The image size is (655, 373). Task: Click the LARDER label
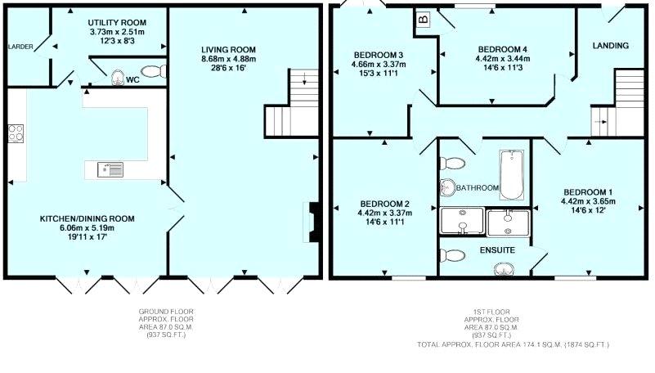20,47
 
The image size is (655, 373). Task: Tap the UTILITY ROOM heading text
117,23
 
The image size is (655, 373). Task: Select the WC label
132,80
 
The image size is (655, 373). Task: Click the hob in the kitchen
16,133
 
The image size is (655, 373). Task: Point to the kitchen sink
110,169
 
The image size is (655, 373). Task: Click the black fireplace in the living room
313,222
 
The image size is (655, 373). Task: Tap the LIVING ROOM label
228,50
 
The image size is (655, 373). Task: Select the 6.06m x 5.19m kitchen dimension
87,228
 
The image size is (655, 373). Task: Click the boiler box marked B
424,19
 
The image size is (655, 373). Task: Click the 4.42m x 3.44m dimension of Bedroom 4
503,59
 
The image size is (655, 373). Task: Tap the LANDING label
611,46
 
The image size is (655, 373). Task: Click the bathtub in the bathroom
512,174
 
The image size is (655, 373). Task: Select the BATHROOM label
478,188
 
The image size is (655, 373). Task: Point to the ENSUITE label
497,250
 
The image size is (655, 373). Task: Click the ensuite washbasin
504,269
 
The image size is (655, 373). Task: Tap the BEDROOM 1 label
588,192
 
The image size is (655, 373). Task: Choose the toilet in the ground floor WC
155,71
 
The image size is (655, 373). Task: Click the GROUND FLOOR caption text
166,312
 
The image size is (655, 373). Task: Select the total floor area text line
513,344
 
